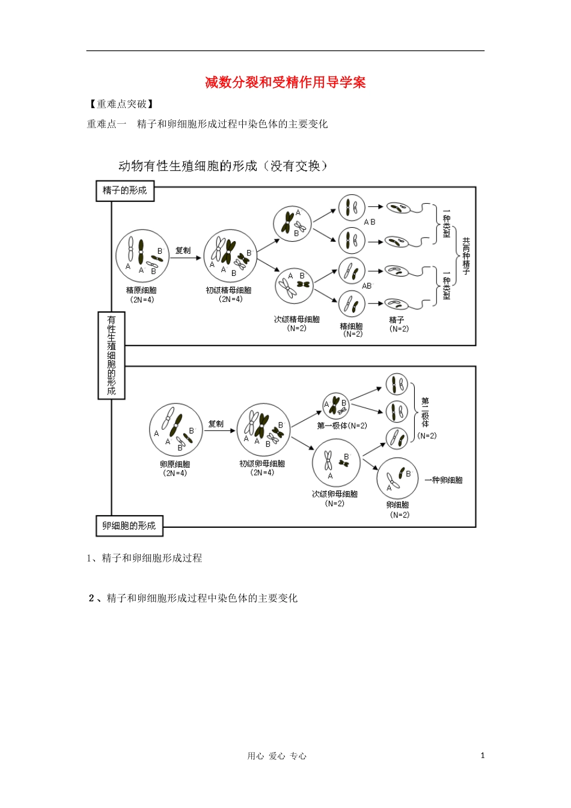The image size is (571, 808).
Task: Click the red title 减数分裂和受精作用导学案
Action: tap(285, 82)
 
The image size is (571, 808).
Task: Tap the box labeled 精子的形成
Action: tap(124, 191)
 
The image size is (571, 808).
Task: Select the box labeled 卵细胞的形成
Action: tap(129, 525)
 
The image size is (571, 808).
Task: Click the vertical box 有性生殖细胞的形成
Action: tap(111, 355)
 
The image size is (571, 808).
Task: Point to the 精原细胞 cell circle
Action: tap(142, 256)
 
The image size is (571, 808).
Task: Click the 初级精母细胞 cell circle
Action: tap(230, 256)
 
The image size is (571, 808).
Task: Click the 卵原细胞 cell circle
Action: tap(176, 430)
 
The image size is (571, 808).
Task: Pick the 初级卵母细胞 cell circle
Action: tap(263, 430)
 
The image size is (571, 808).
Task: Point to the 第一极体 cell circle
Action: tap(336, 406)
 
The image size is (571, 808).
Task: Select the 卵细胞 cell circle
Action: tap(397, 479)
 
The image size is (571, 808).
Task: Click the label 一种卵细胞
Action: tap(444, 480)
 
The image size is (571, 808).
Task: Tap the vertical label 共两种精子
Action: tap(466, 256)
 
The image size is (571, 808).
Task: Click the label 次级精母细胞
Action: tap(297, 319)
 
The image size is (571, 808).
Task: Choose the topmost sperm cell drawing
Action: tap(398, 209)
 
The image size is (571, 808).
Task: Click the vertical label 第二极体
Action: tap(425, 412)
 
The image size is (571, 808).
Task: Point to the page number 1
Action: tap(482, 756)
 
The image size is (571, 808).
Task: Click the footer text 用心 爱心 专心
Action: tap(276, 756)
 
